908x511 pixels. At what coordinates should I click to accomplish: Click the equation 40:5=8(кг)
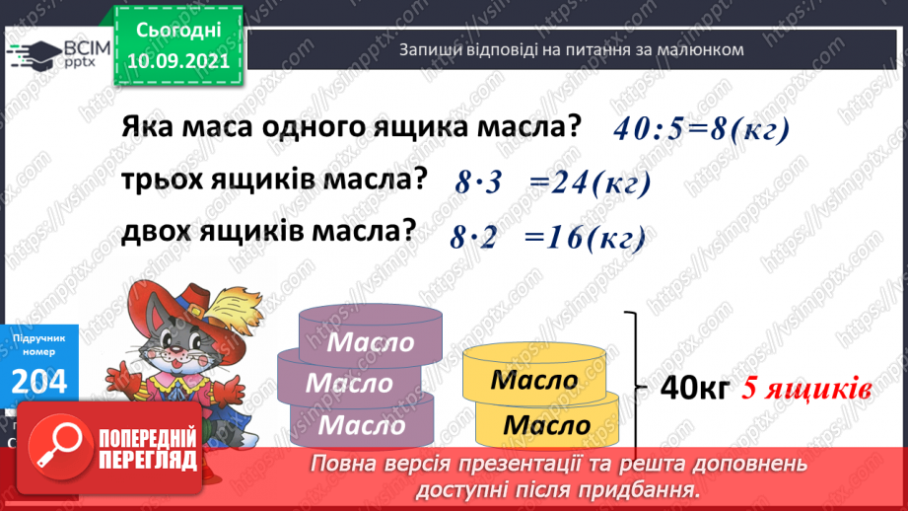pos(703,131)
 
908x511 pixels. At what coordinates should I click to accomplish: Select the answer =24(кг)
pos(591,183)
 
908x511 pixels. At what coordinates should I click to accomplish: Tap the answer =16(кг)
pos(586,238)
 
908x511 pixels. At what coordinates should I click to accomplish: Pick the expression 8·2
pos(474,238)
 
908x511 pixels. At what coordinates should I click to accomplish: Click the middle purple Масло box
pos(350,381)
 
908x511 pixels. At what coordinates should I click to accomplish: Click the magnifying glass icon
pos(56,447)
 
